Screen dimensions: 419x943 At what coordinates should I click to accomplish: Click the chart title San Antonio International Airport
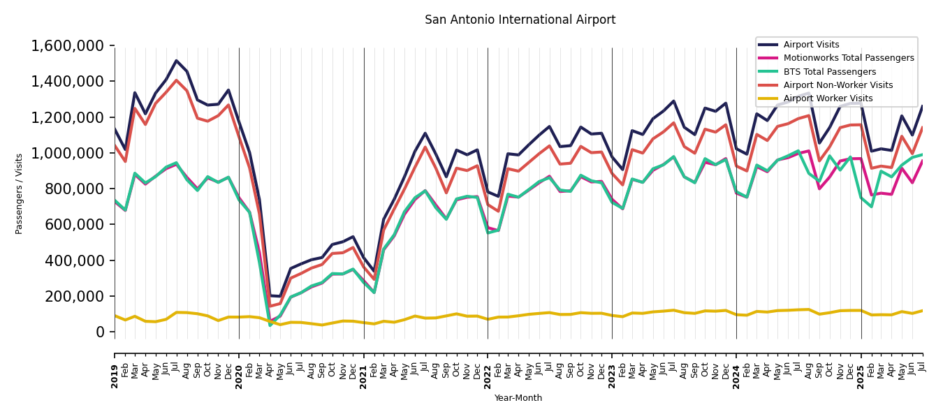pos(520,20)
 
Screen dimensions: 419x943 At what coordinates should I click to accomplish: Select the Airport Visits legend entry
pos(811,45)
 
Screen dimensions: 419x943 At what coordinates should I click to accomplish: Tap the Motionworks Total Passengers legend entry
pos(848,58)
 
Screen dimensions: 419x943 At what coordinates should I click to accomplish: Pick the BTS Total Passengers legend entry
pos(829,72)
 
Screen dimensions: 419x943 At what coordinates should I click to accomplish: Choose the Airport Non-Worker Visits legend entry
pos(838,85)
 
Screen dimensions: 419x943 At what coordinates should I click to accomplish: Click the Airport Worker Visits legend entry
pos(828,98)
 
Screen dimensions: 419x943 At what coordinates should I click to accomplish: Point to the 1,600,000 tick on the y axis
pos(68,46)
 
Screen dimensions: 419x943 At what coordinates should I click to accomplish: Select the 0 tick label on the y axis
pos(100,332)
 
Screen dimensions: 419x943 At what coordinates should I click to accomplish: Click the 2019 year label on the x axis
pos(115,367)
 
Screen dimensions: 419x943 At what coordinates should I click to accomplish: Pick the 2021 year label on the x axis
pos(363,367)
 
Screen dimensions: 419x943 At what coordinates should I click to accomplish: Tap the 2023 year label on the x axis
pos(612,367)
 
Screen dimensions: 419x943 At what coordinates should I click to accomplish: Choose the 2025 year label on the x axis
pos(861,367)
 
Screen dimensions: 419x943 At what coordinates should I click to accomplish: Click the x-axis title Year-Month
pos(518,398)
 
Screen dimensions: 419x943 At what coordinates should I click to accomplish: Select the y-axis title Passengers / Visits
pos(20,193)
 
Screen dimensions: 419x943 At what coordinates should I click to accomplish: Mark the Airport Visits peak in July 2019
pos(177,61)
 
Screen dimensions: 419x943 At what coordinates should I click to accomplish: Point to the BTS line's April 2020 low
pos(270,325)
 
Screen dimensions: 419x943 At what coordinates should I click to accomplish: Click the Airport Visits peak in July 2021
pos(425,133)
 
